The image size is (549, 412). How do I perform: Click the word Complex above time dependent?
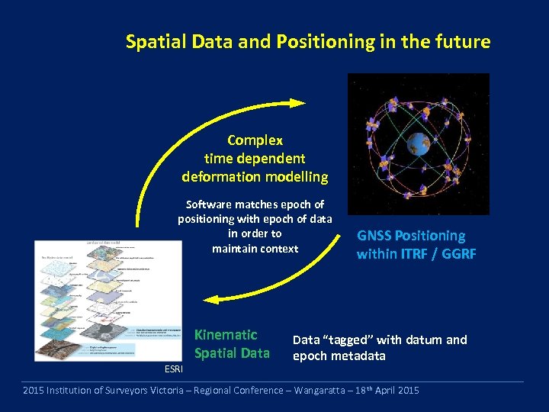(255, 140)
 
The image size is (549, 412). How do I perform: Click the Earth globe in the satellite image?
(419, 143)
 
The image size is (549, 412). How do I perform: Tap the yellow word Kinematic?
(226, 335)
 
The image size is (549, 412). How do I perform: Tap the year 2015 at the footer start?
(34, 391)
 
